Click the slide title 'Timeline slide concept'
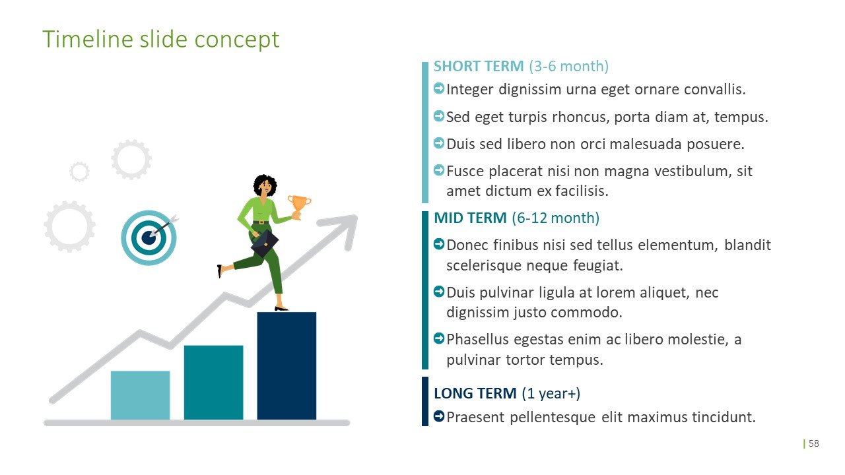(x=160, y=40)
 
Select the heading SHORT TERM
(x=479, y=67)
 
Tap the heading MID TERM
(x=470, y=218)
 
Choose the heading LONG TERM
(x=475, y=394)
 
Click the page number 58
(x=814, y=443)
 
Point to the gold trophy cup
(x=299, y=205)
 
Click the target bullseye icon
(x=149, y=237)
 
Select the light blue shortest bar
(x=140, y=395)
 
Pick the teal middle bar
(x=213, y=382)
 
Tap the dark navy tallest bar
(x=287, y=365)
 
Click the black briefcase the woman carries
(x=264, y=243)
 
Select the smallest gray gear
(x=79, y=172)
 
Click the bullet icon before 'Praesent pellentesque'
(x=439, y=416)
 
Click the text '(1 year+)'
(x=551, y=394)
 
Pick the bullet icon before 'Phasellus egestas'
(x=439, y=338)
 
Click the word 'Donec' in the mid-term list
(x=465, y=245)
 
